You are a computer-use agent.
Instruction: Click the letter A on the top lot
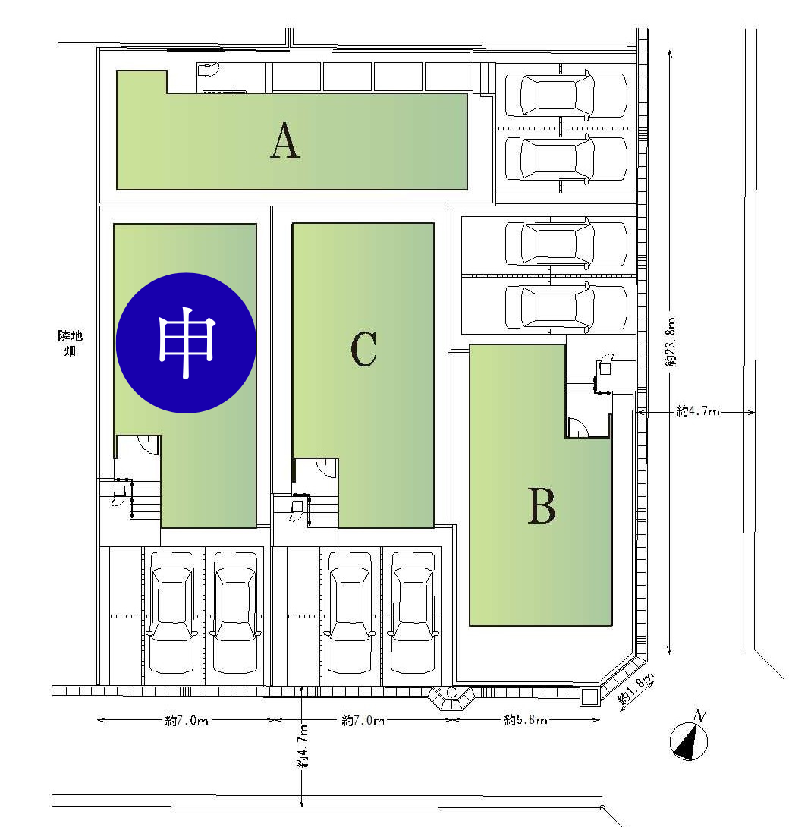click(x=285, y=140)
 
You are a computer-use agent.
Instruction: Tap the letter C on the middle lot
click(x=363, y=348)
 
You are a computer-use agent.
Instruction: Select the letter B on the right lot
click(x=542, y=505)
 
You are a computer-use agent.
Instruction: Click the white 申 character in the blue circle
click(x=187, y=343)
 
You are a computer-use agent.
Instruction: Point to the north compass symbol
click(x=690, y=738)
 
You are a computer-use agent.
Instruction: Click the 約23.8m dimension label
click(x=670, y=342)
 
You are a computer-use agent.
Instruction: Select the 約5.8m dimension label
click(x=526, y=719)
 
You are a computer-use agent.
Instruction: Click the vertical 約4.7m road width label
click(x=303, y=747)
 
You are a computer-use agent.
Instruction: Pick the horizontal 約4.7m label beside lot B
click(x=698, y=411)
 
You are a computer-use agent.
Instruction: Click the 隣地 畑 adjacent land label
click(x=70, y=343)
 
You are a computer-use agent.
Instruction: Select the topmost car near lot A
click(x=567, y=95)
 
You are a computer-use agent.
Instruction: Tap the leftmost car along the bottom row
click(x=172, y=612)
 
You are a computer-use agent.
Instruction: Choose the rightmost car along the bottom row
click(x=413, y=612)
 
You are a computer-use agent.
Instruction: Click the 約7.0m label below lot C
click(x=363, y=719)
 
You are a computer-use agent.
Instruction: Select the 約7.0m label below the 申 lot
click(x=187, y=719)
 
